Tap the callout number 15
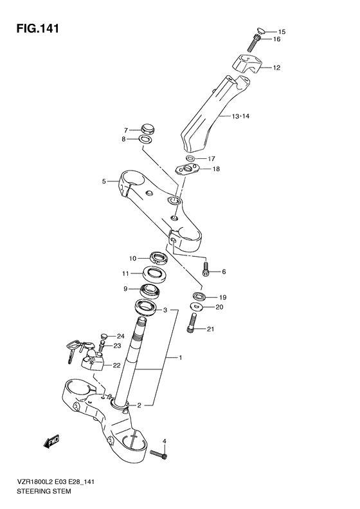pos(282,32)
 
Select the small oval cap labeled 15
pos(260,29)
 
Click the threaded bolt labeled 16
pos(254,43)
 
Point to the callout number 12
pos(276,68)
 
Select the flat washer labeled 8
pos(146,139)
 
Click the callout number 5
pos(104,181)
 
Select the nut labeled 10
pos(157,259)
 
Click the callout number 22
pos(116,366)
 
